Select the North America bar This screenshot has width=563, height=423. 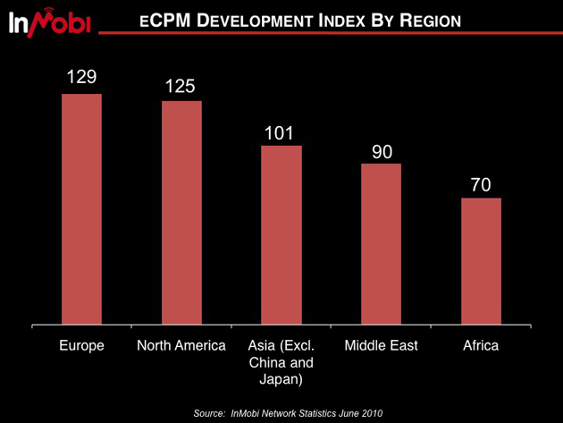coord(181,212)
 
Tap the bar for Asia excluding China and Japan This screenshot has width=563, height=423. coord(281,234)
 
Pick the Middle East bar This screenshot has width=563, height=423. coord(382,243)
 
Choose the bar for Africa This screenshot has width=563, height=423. coord(481,260)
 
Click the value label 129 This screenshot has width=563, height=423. coord(81,78)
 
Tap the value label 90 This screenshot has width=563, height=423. coord(382,150)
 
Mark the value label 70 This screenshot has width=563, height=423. coord(481,185)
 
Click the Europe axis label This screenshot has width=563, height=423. coord(81,346)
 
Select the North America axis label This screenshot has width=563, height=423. coord(181,346)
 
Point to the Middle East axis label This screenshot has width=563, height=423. coord(382,346)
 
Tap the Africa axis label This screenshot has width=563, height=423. coord(481,346)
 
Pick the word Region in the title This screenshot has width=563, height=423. coord(431,21)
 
